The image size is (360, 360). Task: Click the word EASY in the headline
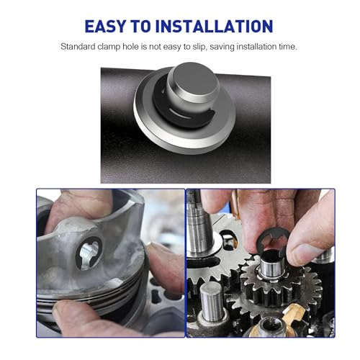pos(105,26)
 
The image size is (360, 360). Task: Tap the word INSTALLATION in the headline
pos(214,26)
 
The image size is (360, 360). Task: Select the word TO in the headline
pos(140,26)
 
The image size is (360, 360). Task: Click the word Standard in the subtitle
pos(78,46)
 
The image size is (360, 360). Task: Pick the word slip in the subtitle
pos(199,47)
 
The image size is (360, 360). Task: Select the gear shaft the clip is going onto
pos(272,265)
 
